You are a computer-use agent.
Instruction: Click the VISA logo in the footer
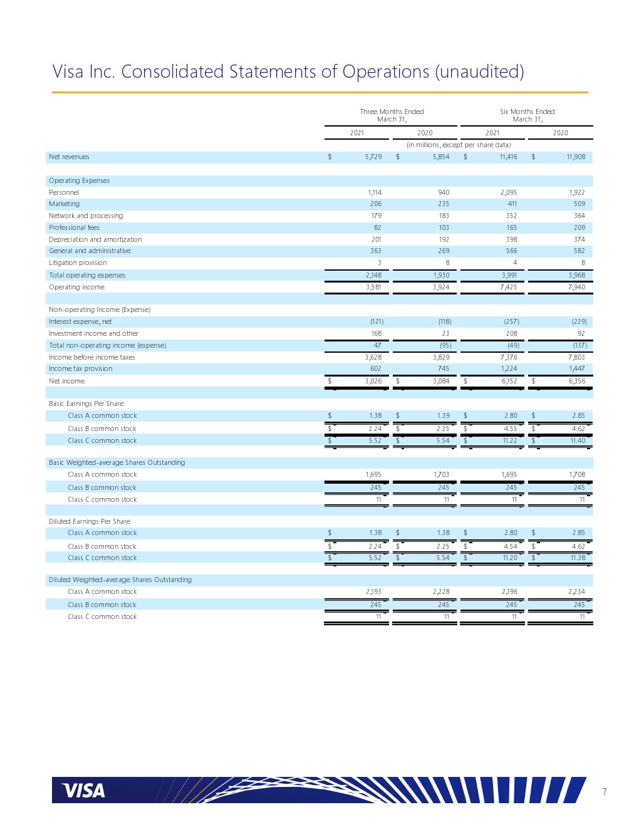click(83, 791)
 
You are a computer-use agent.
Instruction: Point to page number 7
click(605, 792)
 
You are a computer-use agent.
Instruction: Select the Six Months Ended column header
click(527, 115)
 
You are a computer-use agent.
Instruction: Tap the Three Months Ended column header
click(392, 115)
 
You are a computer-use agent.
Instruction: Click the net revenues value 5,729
click(373, 157)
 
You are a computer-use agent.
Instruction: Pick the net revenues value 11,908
click(576, 157)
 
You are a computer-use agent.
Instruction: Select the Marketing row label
click(65, 204)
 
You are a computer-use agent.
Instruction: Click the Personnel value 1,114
click(375, 193)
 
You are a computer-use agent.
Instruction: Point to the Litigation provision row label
click(78, 263)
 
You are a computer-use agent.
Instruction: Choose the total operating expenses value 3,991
click(509, 276)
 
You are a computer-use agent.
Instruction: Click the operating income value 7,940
click(576, 288)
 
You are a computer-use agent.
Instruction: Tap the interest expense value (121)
click(377, 322)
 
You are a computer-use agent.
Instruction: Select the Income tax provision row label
click(81, 369)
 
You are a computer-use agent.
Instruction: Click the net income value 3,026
click(373, 382)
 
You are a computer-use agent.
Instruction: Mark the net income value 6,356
click(576, 382)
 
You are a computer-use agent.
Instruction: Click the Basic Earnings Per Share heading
click(86, 404)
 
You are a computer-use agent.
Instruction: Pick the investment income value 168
click(376, 334)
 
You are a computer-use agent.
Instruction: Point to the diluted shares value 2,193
click(373, 592)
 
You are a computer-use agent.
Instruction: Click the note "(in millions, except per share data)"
click(459, 145)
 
